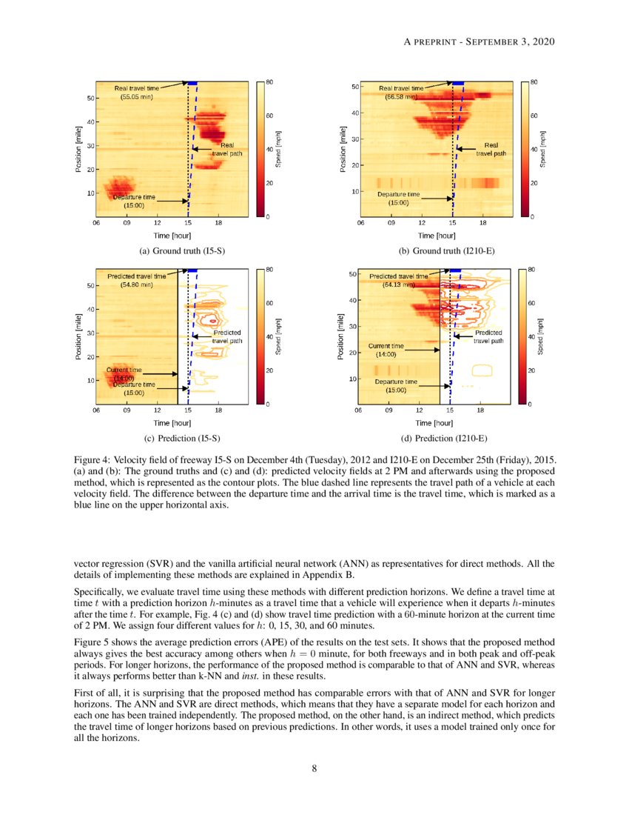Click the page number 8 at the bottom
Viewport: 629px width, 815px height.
[314, 768]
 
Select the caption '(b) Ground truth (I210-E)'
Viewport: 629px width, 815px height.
[446, 251]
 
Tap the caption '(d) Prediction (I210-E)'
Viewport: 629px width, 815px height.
[446, 438]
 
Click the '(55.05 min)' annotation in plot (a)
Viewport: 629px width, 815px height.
[137, 96]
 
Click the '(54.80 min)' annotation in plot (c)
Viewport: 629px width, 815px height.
[136, 284]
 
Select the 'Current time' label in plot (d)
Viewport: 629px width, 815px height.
[386, 346]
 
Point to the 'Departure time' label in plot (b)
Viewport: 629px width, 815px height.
[398, 194]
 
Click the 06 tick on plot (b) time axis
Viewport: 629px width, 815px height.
[360, 222]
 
